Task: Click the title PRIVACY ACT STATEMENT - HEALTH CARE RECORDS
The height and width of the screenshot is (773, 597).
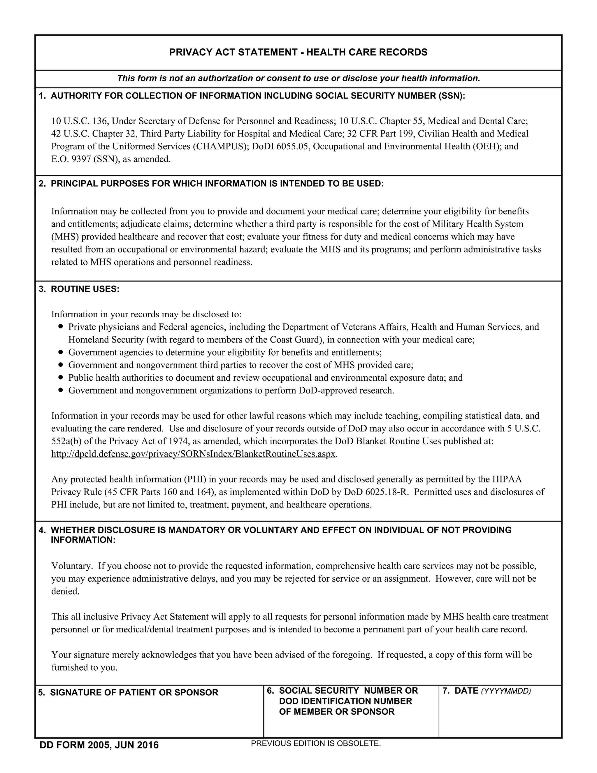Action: [x=298, y=53]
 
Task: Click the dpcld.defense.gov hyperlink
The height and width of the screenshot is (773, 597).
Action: [x=193, y=454]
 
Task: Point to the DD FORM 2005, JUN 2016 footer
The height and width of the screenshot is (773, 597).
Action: [x=99, y=745]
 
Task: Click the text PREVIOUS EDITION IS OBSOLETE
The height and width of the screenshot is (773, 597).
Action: [x=315, y=744]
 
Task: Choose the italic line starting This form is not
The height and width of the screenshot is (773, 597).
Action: [x=298, y=78]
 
